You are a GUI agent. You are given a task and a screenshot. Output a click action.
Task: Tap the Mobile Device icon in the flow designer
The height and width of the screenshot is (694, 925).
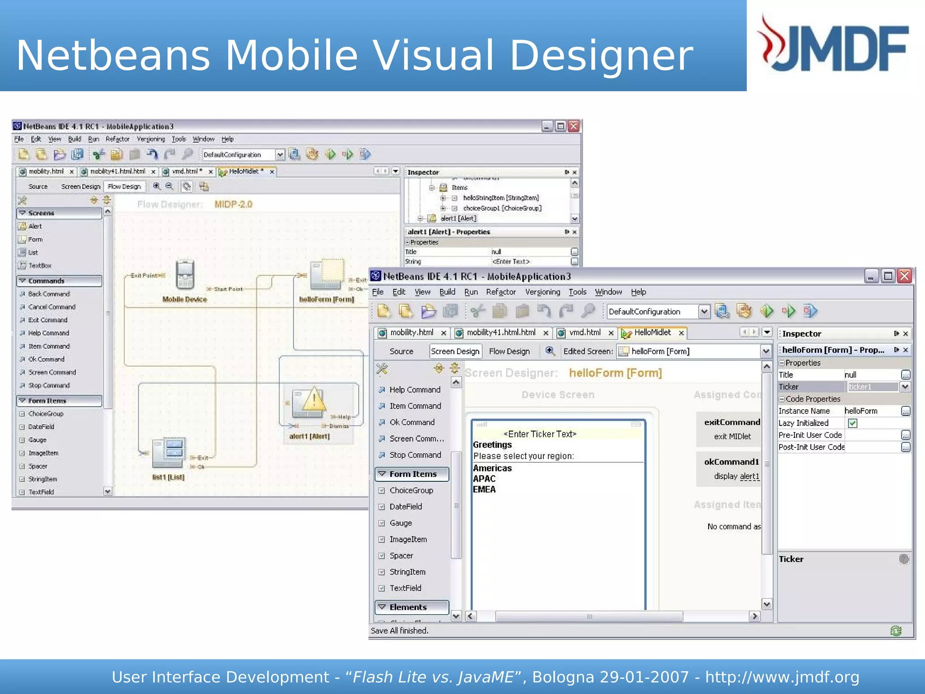185,275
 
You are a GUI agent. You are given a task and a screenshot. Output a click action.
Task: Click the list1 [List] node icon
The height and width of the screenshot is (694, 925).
168,452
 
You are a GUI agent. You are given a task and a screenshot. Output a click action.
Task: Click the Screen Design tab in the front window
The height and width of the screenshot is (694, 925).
455,352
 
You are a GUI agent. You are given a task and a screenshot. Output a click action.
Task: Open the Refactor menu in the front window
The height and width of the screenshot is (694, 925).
500,292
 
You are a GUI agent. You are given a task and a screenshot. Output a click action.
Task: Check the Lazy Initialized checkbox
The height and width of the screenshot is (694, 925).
853,423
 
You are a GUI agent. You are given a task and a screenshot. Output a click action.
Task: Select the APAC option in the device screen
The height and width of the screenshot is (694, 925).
484,479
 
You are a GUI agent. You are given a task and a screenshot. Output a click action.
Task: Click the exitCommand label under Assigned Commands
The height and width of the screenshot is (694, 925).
732,422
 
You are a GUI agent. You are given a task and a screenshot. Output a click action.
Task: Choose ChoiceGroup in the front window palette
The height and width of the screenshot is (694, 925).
411,490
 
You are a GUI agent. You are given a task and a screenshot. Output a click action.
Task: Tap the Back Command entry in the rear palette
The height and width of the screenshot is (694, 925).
49,294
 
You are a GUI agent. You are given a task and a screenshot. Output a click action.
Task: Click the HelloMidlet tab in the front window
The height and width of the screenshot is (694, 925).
652,333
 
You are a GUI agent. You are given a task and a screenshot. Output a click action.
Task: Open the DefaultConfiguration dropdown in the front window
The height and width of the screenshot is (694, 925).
703,311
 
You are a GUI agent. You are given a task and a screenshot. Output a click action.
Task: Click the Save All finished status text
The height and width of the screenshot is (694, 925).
400,631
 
